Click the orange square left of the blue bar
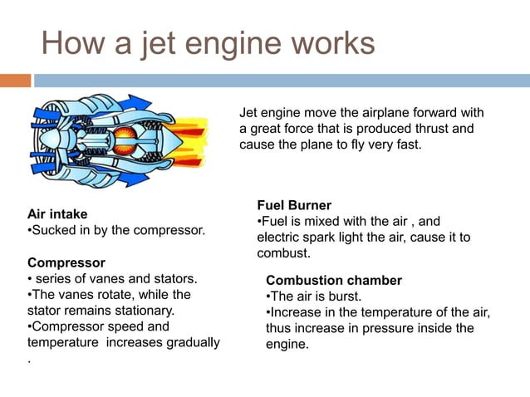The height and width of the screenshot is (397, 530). click(x=15, y=81)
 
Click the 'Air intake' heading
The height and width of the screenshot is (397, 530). click(x=57, y=213)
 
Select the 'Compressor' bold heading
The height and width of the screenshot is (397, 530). click(x=61, y=262)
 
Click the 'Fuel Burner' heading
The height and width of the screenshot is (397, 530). click(x=294, y=205)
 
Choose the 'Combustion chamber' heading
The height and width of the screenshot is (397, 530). click(x=334, y=281)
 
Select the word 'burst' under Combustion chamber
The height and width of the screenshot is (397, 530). click(x=345, y=297)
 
